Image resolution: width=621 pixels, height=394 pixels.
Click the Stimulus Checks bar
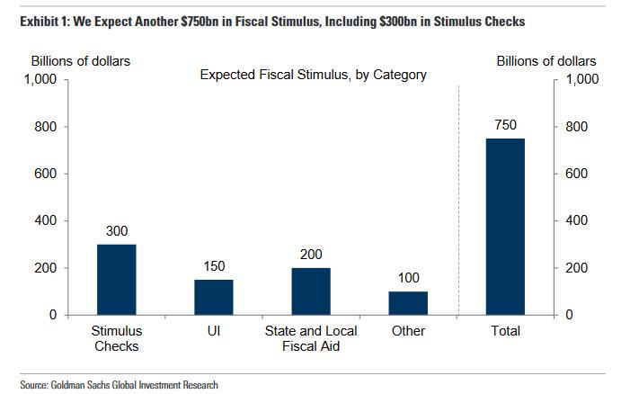116,280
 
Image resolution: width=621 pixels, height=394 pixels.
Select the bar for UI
213,297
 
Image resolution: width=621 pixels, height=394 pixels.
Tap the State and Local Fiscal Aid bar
310,291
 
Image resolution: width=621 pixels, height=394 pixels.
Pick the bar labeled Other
408,303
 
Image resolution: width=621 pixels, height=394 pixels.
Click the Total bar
505,227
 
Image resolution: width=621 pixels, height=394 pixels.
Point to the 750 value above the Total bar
505,125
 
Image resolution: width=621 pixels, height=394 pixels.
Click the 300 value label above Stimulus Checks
116,231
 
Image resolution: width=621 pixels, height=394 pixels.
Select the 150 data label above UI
213,266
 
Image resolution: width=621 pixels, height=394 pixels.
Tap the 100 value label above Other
408,278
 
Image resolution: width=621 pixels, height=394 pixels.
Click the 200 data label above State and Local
310,255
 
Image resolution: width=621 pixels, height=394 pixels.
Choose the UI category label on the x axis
213,331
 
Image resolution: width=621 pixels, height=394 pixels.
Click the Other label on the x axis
408,331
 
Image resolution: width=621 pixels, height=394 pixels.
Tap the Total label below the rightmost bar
505,331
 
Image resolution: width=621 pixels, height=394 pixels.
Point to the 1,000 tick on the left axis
40,80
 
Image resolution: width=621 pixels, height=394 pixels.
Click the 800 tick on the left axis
46,127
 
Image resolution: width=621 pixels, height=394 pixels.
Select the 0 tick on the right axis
567,315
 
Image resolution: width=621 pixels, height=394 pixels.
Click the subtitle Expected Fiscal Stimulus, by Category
313,75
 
